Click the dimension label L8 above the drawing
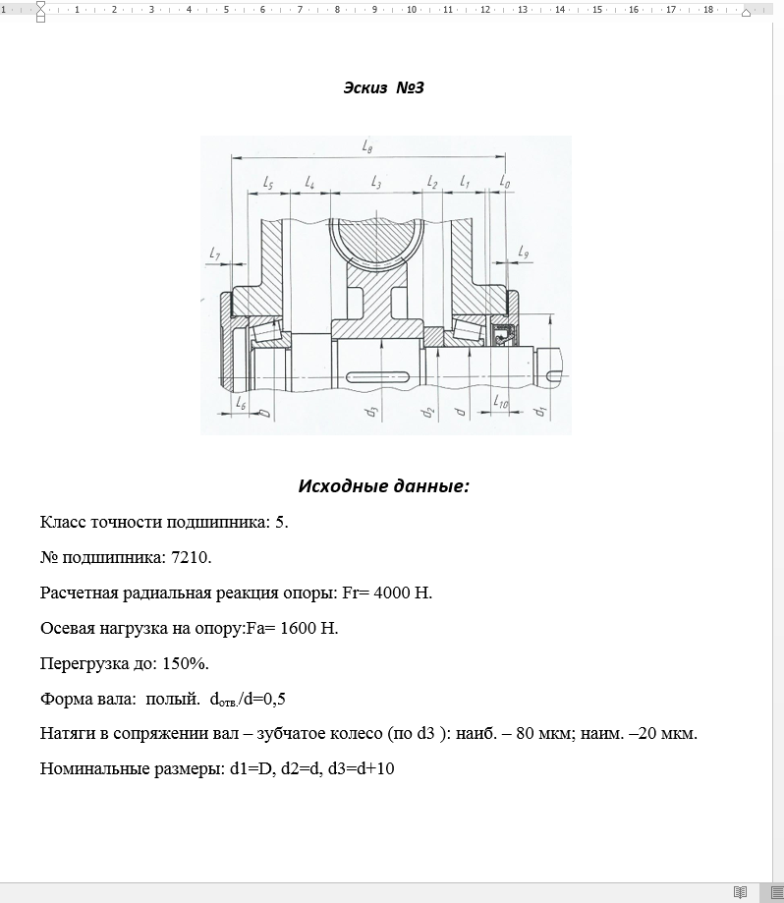(x=366, y=146)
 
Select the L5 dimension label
(x=268, y=184)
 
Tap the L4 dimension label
(x=309, y=184)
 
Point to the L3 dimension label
(x=376, y=184)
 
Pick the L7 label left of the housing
(x=215, y=254)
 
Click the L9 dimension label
(x=523, y=254)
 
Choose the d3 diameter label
(x=372, y=411)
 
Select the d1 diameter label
(x=539, y=411)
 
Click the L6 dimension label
(x=241, y=403)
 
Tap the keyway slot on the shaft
(x=379, y=374)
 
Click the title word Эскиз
(x=364, y=88)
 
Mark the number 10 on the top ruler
(x=411, y=10)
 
